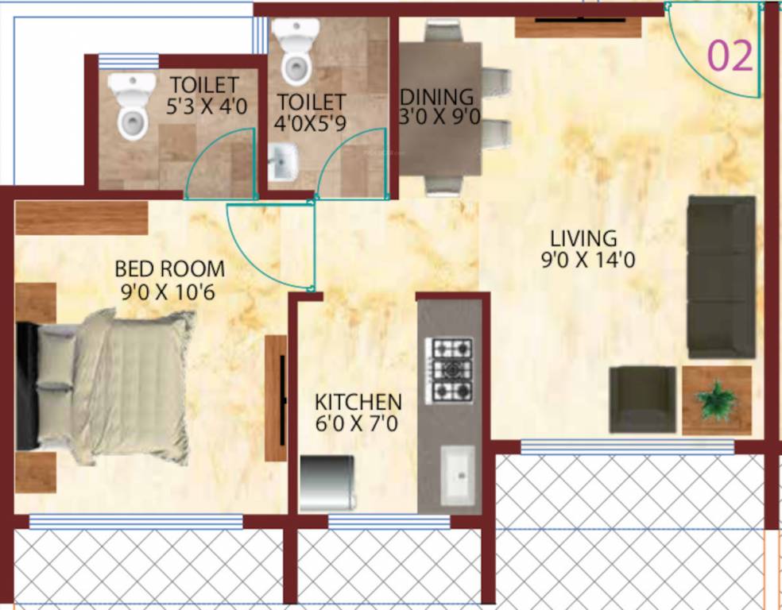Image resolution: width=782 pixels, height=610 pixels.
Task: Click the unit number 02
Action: tap(730, 56)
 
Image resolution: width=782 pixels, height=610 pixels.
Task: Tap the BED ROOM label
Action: tap(169, 268)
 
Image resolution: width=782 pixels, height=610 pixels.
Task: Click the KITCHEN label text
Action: tap(358, 401)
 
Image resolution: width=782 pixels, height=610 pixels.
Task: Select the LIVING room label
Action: tap(583, 237)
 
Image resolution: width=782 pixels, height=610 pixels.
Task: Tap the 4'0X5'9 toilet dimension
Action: tap(311, 124)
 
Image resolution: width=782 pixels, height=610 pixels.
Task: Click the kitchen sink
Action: tap(458, 473)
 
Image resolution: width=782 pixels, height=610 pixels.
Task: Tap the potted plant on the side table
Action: tap(716, 400)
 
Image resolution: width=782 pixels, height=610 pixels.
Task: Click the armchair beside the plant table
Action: tap(642, 399)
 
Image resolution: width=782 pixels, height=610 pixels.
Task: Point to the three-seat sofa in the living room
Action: tap(721, 276)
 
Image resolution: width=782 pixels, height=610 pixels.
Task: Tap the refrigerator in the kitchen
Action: tap(327, 481)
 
